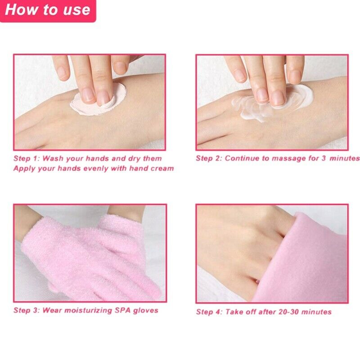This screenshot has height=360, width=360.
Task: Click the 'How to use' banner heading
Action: pyautogui.click(x=48, y=10)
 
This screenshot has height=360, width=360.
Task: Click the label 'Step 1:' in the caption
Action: pyautogui.click(x=27, y=158)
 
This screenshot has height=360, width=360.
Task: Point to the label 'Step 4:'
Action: pyautogui.click(x=209, y=312)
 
